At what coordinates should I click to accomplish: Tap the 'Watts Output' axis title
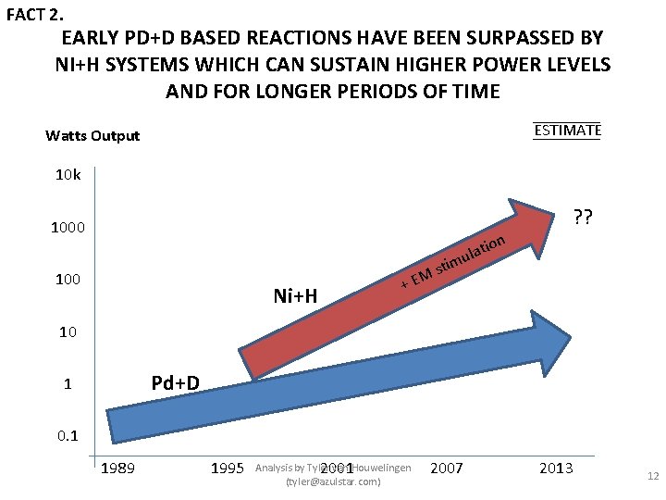click(92, 136)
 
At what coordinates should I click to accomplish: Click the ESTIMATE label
click(567, 131)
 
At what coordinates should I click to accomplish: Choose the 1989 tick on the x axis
click(117, 469)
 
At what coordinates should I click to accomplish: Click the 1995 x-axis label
click(228, 469)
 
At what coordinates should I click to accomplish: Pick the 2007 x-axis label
click(447, 469)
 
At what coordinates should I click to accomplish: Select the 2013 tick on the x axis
click(556, 469)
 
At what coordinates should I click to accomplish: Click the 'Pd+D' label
click(176, 381)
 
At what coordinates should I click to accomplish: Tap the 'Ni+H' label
click(296, 296)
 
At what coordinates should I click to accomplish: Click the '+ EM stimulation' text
click(452, 262)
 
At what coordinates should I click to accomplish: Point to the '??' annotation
click(584, 219)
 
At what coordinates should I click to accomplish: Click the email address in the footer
click(333, 482)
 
